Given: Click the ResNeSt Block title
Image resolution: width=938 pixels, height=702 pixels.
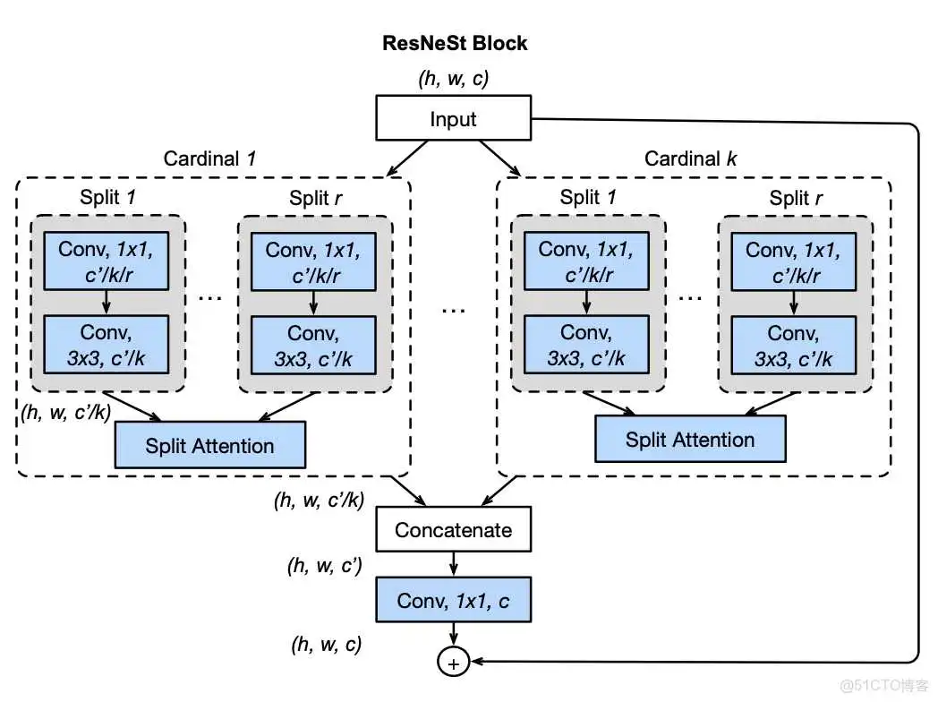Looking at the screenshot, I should (454, 43).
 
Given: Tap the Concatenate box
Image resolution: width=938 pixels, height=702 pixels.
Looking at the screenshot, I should (453, 530).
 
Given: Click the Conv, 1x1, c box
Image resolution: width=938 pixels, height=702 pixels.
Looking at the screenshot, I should (453, 600).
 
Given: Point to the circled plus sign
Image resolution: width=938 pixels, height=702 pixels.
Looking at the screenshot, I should (453, 663).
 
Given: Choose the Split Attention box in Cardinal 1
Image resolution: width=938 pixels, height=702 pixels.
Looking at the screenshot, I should (210, 445).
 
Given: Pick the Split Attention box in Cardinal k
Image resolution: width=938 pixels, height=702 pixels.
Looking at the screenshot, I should (690, 440).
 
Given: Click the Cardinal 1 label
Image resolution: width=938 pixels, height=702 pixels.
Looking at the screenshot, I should (210, 159).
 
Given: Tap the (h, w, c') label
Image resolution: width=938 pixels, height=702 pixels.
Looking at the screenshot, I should (323, 566).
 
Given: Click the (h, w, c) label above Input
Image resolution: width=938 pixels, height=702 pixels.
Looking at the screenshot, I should (453, 78).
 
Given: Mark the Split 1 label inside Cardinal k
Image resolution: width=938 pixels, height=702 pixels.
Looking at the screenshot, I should (587, 198).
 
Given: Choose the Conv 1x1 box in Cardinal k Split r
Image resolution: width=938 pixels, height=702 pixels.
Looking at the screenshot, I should (793, 263).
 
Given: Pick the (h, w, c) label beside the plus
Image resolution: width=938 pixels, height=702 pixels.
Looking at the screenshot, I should (326, 643).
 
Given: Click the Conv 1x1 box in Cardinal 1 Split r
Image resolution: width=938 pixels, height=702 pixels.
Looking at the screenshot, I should (313, 263).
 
